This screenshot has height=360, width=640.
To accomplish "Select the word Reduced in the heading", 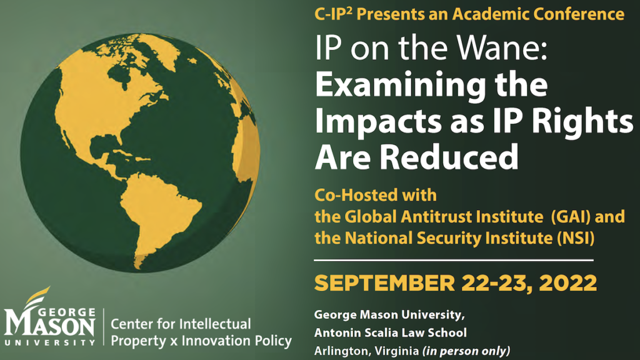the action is (449, 157).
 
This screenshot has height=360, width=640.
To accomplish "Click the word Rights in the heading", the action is (577, 121).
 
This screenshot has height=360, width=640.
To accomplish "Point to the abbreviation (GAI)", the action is (571, 217).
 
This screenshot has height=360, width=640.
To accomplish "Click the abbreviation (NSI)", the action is (576, 238).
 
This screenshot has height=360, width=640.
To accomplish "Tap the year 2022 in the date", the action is (568, 283).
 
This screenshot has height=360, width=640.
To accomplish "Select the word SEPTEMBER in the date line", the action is (384, 283).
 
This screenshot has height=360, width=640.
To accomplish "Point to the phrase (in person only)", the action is (466, 351).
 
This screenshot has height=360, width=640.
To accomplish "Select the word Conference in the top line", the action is (579, 14).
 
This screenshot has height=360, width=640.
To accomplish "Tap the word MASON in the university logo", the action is (50, 326).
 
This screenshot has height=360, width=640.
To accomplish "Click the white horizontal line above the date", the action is (454, 260).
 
